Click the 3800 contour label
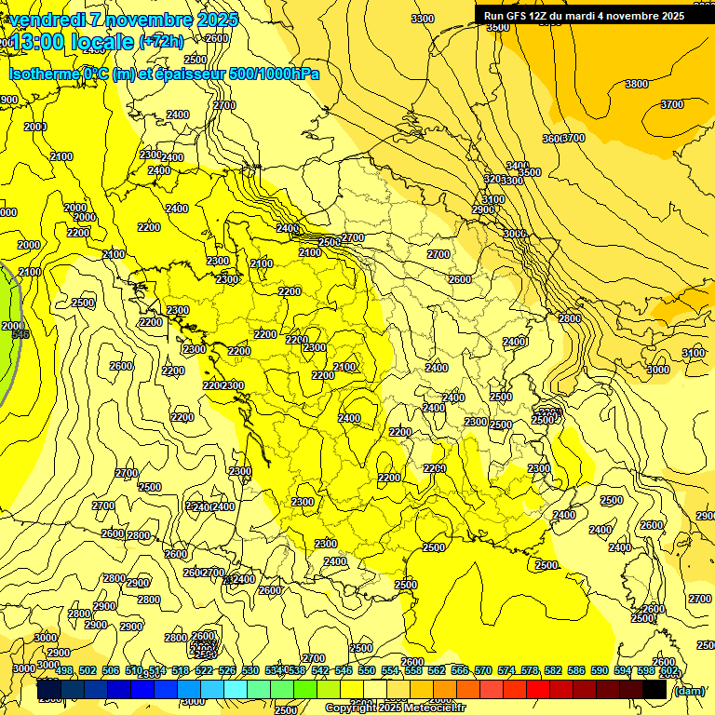tap(637, 85)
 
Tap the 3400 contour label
tap(518, 166)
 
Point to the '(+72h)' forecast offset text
tap(161, 42)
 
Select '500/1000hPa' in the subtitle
tap(277, 74)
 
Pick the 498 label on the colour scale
tap(64, 670)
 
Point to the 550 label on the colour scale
tap(367, 670)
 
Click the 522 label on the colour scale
tap(204, 670)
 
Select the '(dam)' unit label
tap(689, 690)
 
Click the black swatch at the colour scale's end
tap(654, 690)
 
